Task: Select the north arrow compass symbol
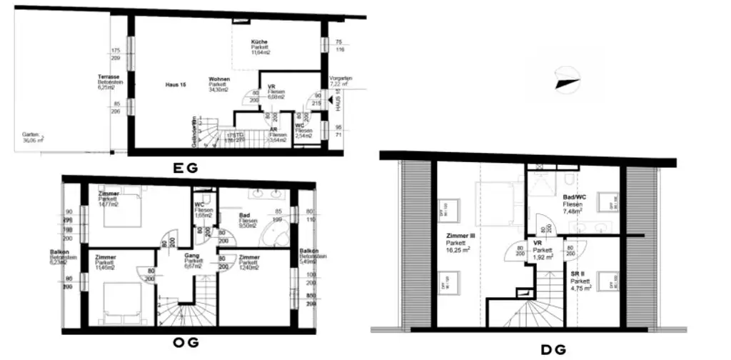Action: [x=568, y=77]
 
